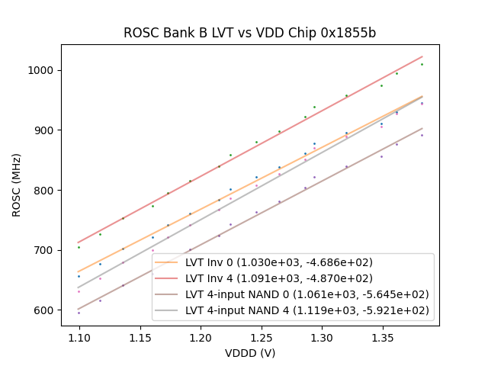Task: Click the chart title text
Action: coord(250,34)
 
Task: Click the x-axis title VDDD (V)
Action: coord(250,353)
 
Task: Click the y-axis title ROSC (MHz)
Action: coord(18,185)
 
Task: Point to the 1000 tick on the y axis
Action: coord(43,70)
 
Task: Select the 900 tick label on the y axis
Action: coord(45,130)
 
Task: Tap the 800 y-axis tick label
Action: coord(45,190)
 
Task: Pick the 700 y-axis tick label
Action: coord(45,250)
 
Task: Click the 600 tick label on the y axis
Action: coord(45,310)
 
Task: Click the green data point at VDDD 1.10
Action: coord(79,247)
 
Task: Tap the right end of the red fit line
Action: coord(422,56)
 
